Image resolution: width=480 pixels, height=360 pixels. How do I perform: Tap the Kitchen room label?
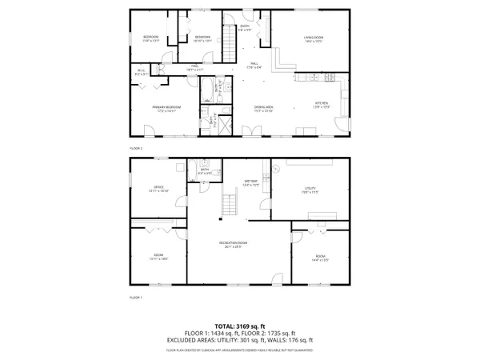[x=321, y=105]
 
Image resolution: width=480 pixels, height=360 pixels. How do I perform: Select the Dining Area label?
[x=263, y=108]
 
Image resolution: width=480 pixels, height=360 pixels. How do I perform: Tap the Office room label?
[x=153, y=189]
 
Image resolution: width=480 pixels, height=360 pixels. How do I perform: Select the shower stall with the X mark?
[x=223, y=123]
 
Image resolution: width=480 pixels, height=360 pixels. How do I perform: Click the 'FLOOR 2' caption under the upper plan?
[x=135, y=148]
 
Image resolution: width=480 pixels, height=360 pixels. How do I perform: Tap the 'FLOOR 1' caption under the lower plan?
[x=135, y=298]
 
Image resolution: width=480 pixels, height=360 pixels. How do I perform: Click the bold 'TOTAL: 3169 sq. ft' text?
[x=240, y=326]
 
